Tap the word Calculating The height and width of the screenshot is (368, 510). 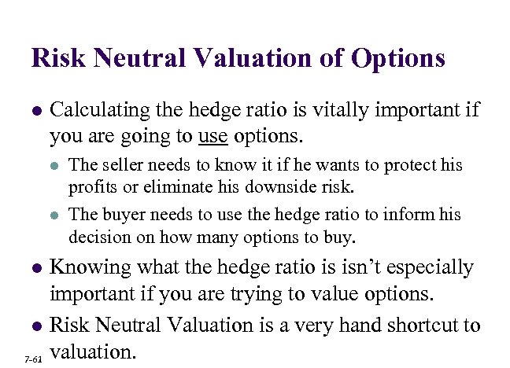tap(97, 110)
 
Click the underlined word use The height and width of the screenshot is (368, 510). tap(213, 137)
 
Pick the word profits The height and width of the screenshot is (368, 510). tap(91, 187)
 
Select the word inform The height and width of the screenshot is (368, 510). tap(412, 215)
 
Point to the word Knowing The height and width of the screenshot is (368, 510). tap(85, 268)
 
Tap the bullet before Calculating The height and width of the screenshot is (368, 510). tap(35, 111)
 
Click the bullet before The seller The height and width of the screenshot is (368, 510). tap(54, 166)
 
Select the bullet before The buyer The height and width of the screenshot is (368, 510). tap(54, 215)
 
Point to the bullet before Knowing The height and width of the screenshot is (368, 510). tap(35, 269)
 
